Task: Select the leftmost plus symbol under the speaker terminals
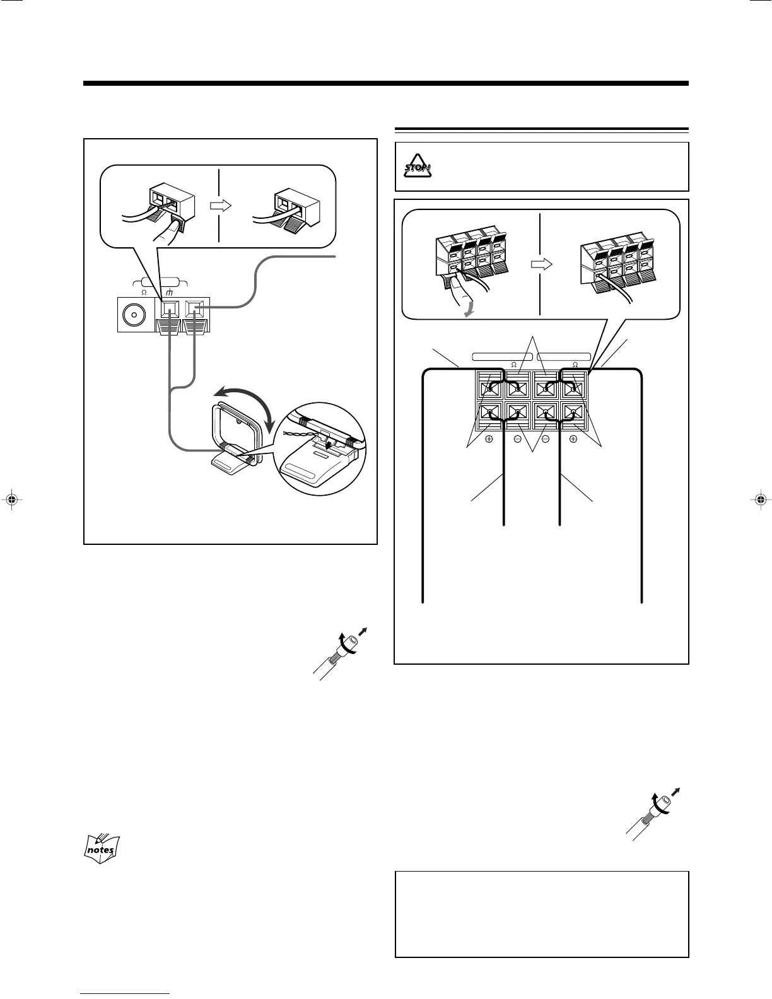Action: click(x=489, y=439)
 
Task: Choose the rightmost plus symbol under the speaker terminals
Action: click(x=573, y=439)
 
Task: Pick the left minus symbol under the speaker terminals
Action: click(x=517, y=439)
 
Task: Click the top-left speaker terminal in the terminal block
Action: click(x=489, y=385)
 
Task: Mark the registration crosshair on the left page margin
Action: click(x=11, y=500)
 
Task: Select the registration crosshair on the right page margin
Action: click(x=760, y=500)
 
